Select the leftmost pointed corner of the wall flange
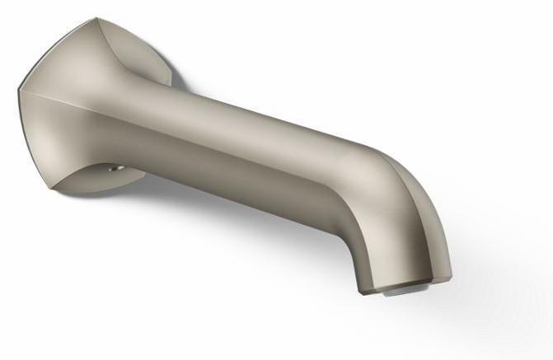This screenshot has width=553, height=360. click(20, 91)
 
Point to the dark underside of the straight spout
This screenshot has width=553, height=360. click(247, 185)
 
